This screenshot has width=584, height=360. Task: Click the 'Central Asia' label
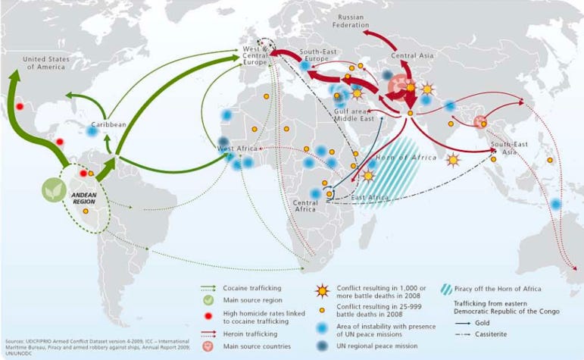pos(412,56)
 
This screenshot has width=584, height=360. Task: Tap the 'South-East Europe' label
pos(322,56)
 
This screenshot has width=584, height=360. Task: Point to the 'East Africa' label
pos(370,197)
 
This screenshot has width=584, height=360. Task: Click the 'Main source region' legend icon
pos(207,301)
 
